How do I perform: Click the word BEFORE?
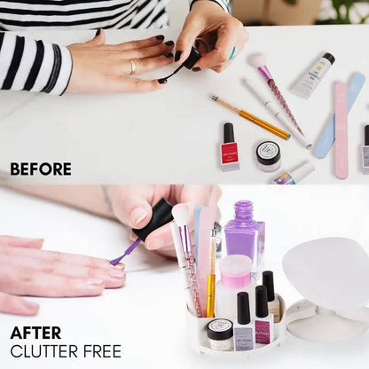[x=41, y=169]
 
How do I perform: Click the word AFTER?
[x=35, y=333]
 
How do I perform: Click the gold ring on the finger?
[x=133, y=67]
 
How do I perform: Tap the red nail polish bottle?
[x=229, y=146]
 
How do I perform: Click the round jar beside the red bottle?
[x=268, y=156]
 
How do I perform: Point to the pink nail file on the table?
[x=341, y=130]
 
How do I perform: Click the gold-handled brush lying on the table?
[x=250, y=117]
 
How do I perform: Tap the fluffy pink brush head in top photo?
[x=257, y=60]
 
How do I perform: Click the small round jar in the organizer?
[x=220, y=334]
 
